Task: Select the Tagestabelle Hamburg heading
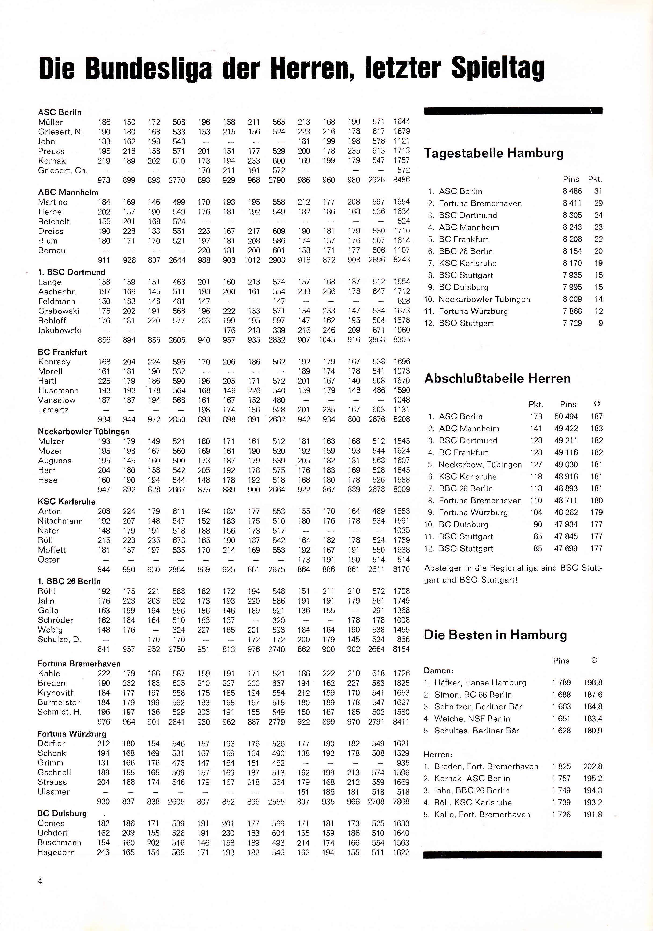click(494, 153)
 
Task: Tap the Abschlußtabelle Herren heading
click(497, 378)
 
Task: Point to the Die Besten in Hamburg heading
click(495, 635)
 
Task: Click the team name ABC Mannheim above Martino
click(68, 192)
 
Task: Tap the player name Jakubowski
click(60, 330)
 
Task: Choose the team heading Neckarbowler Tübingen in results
click(84, 432)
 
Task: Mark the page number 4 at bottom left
click(40, 881)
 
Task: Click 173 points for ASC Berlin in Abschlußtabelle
click(536, 417)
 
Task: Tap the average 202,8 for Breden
click(593, 767)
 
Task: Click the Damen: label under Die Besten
click(438, 671)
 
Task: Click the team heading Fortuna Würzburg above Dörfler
click(72, 734)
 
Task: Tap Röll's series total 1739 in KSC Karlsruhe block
click(401, 541)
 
